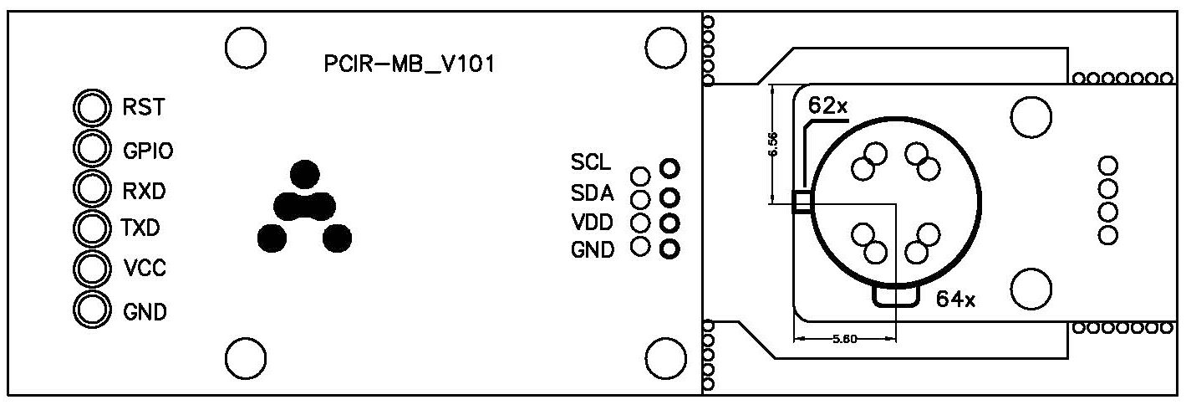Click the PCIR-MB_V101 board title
tap(409, 65)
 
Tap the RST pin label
tap(144, 107)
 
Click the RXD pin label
tap(144, 191)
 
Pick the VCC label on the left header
tap(144, 269)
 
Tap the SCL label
tap(591, 161)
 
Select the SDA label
tap(593, 194)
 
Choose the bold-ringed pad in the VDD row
tap(669, 223)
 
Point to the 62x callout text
tap(827, 106)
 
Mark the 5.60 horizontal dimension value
tap(842, 340)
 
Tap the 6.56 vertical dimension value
tap(773, 143)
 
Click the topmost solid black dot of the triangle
tap(305, 173)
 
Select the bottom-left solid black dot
tap(272, 238)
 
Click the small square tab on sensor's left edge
tap(801, 201)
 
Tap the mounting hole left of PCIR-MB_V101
tap(246, 47)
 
